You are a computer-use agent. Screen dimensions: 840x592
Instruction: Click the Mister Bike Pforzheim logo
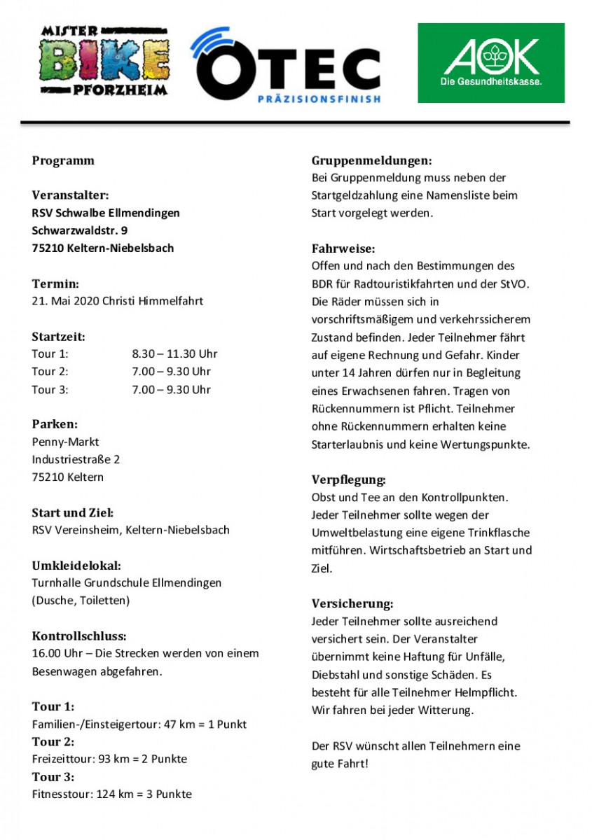tap(104, 62)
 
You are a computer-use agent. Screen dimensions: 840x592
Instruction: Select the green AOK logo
tap(490, 62)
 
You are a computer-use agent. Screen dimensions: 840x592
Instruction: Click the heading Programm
tap(63, 160)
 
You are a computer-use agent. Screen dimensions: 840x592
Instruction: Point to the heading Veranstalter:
tap(70, 195)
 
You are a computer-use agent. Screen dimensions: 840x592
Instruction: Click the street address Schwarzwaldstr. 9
tap(80, 230)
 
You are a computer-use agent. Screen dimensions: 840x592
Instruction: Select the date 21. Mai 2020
tap(65, 301)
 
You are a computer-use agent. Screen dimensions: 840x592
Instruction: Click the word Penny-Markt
tap(65, 442)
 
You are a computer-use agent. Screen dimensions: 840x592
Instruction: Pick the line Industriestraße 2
tap(76, 459)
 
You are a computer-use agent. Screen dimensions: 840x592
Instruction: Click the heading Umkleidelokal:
tap(76, 565)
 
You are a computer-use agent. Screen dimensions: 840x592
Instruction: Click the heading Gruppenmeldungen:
tap(371, 160)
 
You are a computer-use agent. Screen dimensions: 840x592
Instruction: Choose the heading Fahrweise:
tap(343, 248)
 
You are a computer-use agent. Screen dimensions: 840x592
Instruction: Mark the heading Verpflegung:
tap(348, 480)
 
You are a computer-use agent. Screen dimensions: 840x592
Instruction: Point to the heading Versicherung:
tap(352, 603)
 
